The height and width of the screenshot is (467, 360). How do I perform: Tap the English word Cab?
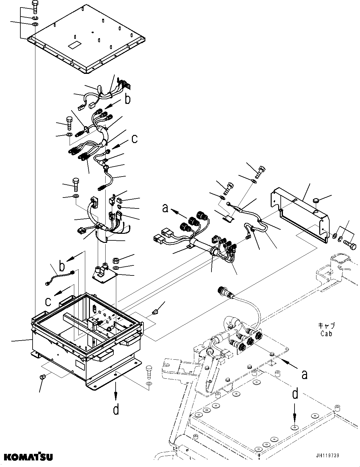326,334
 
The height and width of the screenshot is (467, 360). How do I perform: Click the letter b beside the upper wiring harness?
128,100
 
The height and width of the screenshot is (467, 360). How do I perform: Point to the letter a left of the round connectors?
165,208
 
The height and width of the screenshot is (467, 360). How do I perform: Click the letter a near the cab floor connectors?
304,374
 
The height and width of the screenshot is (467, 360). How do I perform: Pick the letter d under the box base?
116,409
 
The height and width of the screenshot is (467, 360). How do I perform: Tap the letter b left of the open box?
62,266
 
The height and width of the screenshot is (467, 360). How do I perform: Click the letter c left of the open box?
48,301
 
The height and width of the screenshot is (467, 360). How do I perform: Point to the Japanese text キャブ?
326,326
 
